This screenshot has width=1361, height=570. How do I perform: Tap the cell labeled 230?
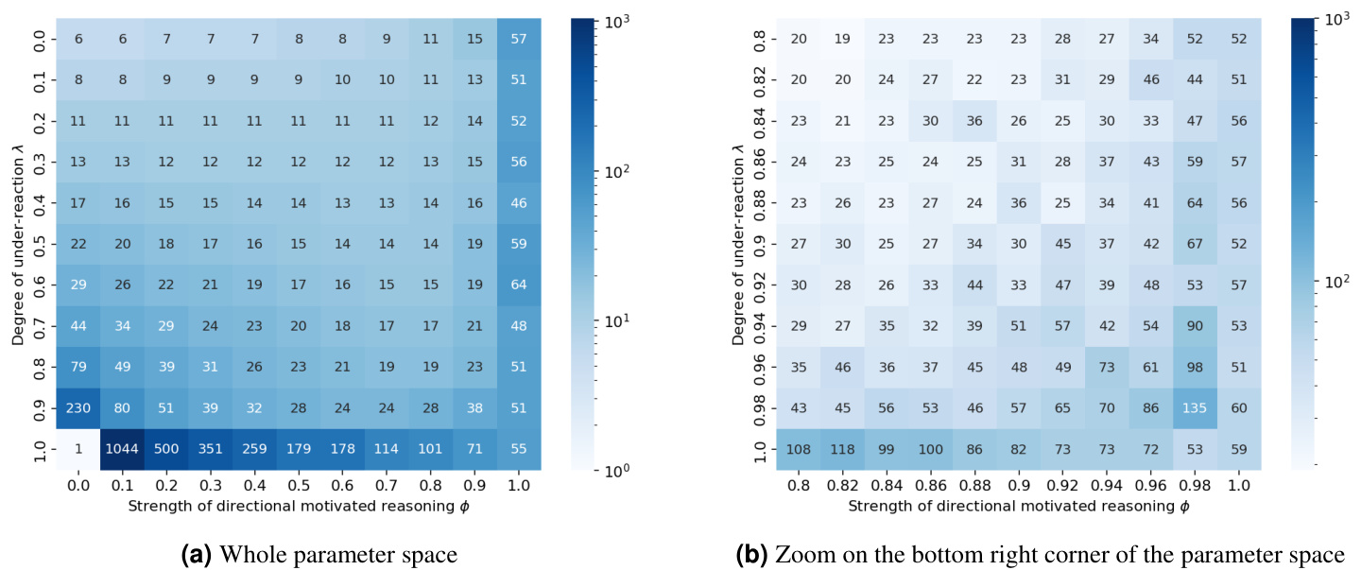pyautogui.click(x=78, y=407)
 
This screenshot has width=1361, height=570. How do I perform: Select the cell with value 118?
pyautogui.click(x=834, y=448)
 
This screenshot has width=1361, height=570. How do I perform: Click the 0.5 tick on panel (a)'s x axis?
pyautogui.click(x=299, y=484)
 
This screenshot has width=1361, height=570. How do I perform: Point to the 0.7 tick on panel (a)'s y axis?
pyautogui.click(x=38, y=325)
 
